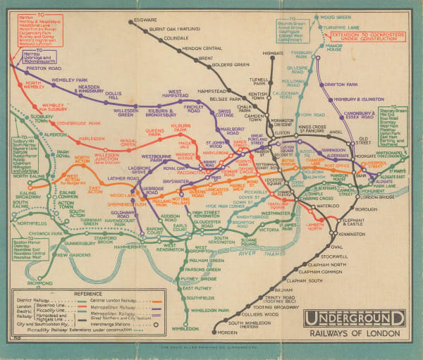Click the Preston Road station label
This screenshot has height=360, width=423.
point(43,68)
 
